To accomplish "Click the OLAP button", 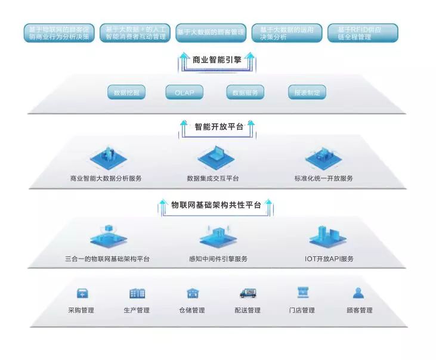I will (x=184, y=92).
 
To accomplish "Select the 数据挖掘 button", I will (x=126, y=92).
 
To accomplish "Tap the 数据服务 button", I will (x=245, y=92).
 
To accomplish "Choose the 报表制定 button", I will (x=307, y=92).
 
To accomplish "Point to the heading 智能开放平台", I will (x=218, y=126).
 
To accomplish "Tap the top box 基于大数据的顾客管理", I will (x=211, y=33).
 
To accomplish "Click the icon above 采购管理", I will (x=82, y=293).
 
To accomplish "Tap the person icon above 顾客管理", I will (x=358, y=293).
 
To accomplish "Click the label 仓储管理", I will (x=191, y=310).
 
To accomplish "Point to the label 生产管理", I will (x=137, y=310).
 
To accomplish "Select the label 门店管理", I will (x=302, y=310).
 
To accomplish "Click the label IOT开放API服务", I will (x=329, y=259).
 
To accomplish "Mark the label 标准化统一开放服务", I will (x=323, y=178).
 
